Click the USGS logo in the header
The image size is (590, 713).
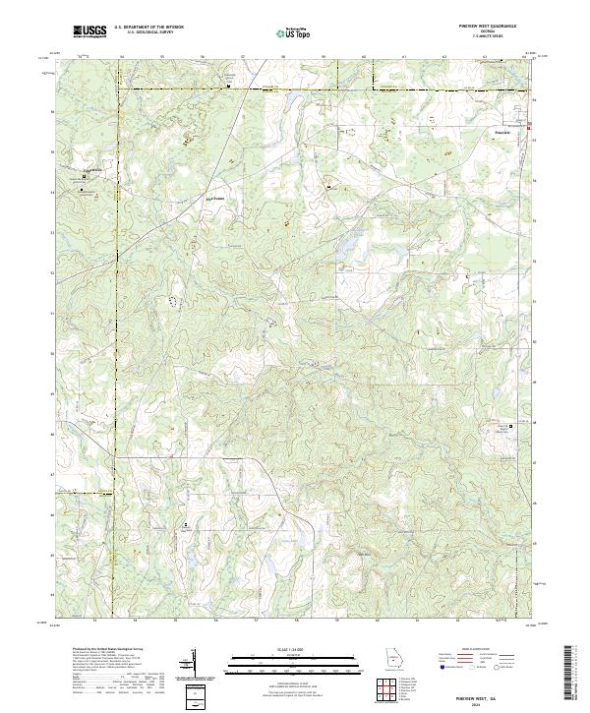point(91,31)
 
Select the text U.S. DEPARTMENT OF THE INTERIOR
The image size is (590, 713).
point(149,28)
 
